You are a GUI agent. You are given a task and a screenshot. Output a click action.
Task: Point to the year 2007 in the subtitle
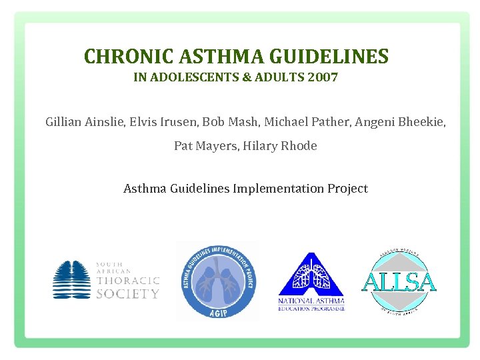click(323, 77)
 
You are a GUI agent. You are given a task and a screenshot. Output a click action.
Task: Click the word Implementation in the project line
click(279, 189)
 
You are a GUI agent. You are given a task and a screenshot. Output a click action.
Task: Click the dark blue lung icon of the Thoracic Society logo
click(72, 279)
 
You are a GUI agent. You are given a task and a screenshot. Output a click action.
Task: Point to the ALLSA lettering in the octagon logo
click(399, 282)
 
